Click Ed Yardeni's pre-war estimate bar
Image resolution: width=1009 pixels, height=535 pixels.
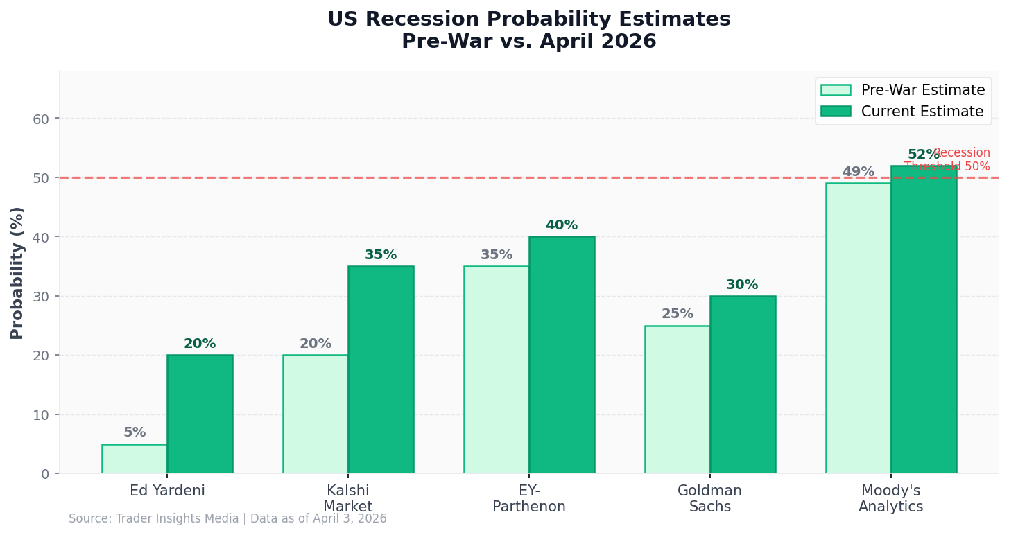pos(135,459)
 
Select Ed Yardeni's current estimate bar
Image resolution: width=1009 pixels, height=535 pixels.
pos(200,414)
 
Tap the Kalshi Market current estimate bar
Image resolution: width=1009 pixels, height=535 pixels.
pos(381,370)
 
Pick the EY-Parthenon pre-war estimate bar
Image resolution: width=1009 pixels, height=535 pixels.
pos(497,370)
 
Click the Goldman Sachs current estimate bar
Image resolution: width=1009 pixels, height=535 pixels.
pos(743,385)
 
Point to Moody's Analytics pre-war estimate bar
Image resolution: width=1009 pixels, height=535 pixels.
pos(859,328)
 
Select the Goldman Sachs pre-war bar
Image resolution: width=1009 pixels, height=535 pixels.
pos(678,400)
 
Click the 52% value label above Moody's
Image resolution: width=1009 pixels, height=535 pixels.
pos(923,155)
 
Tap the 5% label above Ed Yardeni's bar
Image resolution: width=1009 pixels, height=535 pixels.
pos(135,432)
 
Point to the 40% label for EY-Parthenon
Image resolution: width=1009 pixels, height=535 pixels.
pos(562,225)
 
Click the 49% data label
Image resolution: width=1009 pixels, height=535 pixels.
pos(859,172)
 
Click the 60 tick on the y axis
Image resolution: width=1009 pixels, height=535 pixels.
pos(41,119)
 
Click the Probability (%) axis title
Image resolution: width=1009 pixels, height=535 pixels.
pos(17,272)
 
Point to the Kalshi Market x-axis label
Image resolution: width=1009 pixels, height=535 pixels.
pos(347,499)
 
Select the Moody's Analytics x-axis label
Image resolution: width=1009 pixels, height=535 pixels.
pos(890,499)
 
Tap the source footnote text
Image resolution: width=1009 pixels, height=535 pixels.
pos(227,518)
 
